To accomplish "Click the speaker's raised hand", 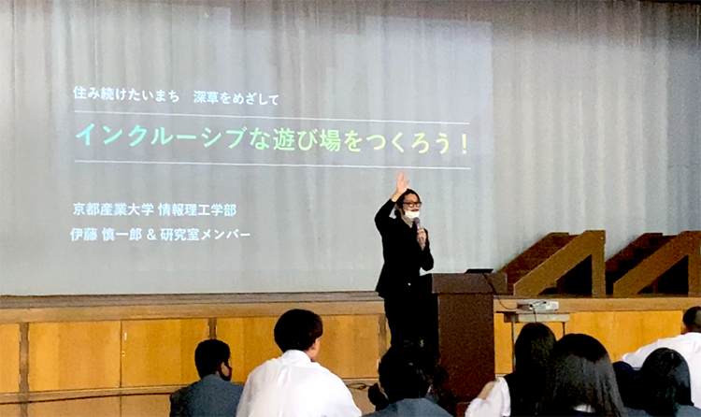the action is pos(401,185).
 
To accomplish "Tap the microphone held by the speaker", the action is pos(417,223).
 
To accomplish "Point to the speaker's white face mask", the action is pos(411,215).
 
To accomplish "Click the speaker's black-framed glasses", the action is pos(411,205).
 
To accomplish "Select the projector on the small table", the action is pos(537,306).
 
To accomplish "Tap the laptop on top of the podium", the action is pos(479,271).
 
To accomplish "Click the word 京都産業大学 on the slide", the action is pos(113,208).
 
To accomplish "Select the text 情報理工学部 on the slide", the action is pos(197,209).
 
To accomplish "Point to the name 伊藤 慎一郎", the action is pos(106,235).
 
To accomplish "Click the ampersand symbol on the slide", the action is pos(151,235).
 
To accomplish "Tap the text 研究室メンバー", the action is pos(206,235).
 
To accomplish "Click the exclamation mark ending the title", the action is pos(464,145).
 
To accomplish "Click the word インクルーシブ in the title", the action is pos(161,136).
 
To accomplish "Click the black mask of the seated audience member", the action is pos(226,373).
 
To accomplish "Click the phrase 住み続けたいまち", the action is pos(126,94).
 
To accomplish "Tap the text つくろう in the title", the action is pos(408,143).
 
